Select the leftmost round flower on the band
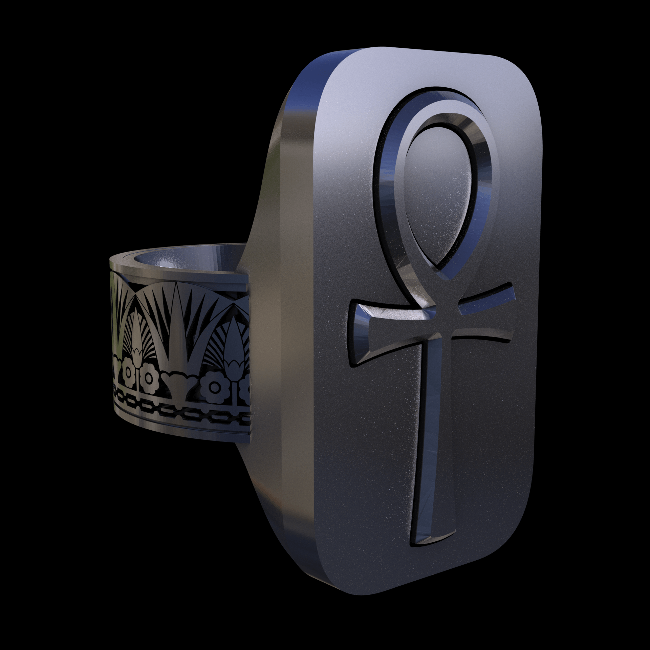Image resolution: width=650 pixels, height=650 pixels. (128, 372)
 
